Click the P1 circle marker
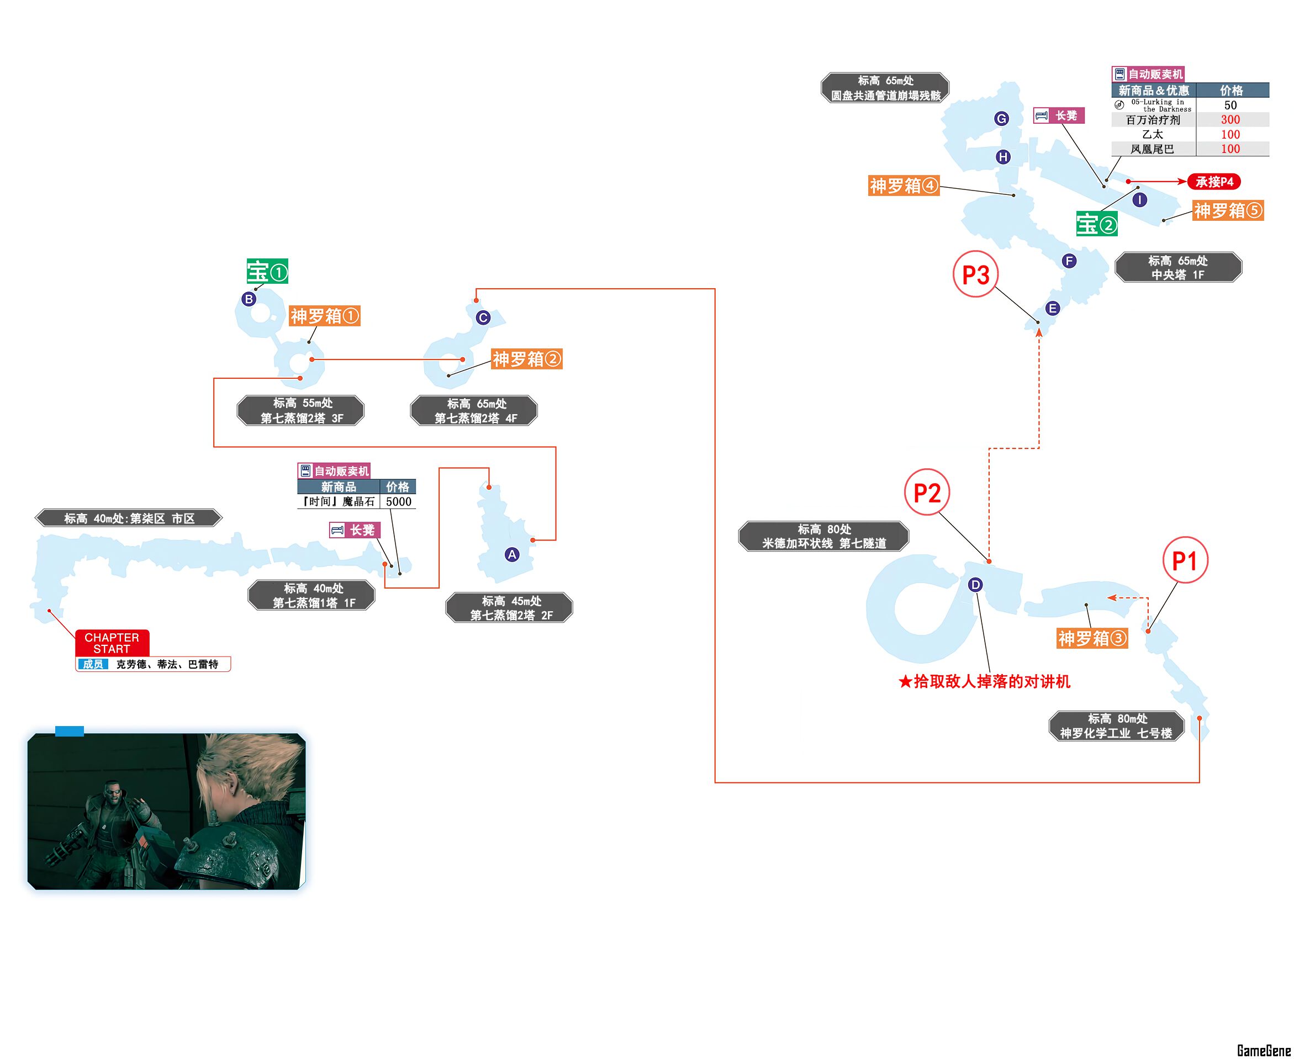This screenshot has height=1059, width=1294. [1185, 560]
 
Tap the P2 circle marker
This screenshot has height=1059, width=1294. [927, 493]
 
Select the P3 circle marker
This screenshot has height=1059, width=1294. [975, 274]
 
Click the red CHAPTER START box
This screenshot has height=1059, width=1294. [112, 643]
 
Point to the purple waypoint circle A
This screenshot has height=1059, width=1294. [512, 554]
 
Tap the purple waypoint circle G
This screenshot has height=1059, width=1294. [1001, 118]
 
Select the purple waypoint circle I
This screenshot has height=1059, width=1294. [1139, 199]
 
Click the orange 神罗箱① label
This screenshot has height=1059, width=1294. [325, 316]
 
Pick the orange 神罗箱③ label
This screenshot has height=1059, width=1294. [1092, 638]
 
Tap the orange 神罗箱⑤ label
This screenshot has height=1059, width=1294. [1228, 210]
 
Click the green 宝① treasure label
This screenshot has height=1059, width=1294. [267, 272]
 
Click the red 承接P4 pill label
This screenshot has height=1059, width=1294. [1214, 182]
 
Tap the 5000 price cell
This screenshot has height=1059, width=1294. [398, 501]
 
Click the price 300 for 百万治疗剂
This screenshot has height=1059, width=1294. [1230, 120]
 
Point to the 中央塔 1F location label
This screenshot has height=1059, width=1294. [1178, 268]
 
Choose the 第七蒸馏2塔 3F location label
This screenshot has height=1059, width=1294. [302, 411]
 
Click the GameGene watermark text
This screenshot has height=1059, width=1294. [1264, 1050]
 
